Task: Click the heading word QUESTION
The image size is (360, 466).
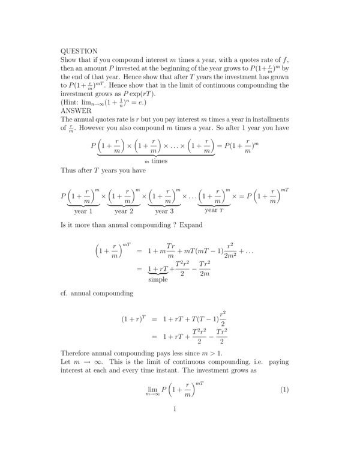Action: click(79, 51)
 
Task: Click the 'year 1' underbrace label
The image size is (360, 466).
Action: click(83, 211)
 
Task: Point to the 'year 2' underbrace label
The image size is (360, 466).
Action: click(124, 211)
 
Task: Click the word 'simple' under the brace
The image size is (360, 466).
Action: click(158, 279)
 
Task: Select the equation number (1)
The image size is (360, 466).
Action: click(285, 390)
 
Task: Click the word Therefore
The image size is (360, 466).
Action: click(77, 353)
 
